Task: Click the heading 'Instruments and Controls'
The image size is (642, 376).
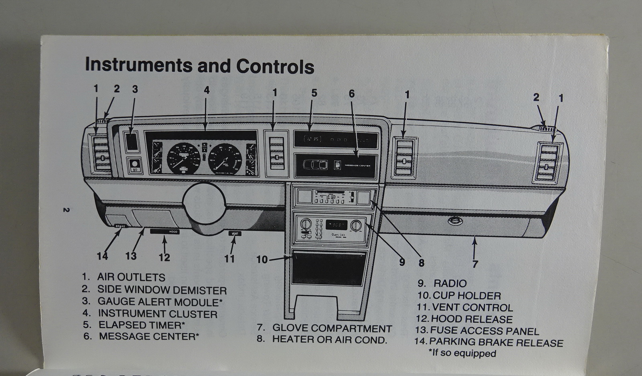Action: point(199,66)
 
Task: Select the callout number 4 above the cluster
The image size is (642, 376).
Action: point(206,90)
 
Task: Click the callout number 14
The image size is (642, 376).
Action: point(102,256)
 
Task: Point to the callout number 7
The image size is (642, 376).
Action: point(475,264)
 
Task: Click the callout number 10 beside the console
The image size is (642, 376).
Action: point(262,260)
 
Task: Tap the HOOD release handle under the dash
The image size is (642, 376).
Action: point(165,232)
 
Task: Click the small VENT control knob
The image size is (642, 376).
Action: point(235,233)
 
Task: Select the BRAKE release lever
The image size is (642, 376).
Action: point(120,226)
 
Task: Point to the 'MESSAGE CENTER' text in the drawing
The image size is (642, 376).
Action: point(357,166)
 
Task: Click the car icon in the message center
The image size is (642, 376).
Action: point(315,165)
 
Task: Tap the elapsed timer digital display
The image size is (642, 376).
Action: point(313,139)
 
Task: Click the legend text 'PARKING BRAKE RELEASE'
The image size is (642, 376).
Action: point(496,343)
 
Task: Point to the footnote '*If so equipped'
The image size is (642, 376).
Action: point(462,354)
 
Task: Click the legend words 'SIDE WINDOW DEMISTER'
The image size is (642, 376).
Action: point(162,290)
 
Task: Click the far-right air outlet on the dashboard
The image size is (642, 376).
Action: point(548,162)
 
